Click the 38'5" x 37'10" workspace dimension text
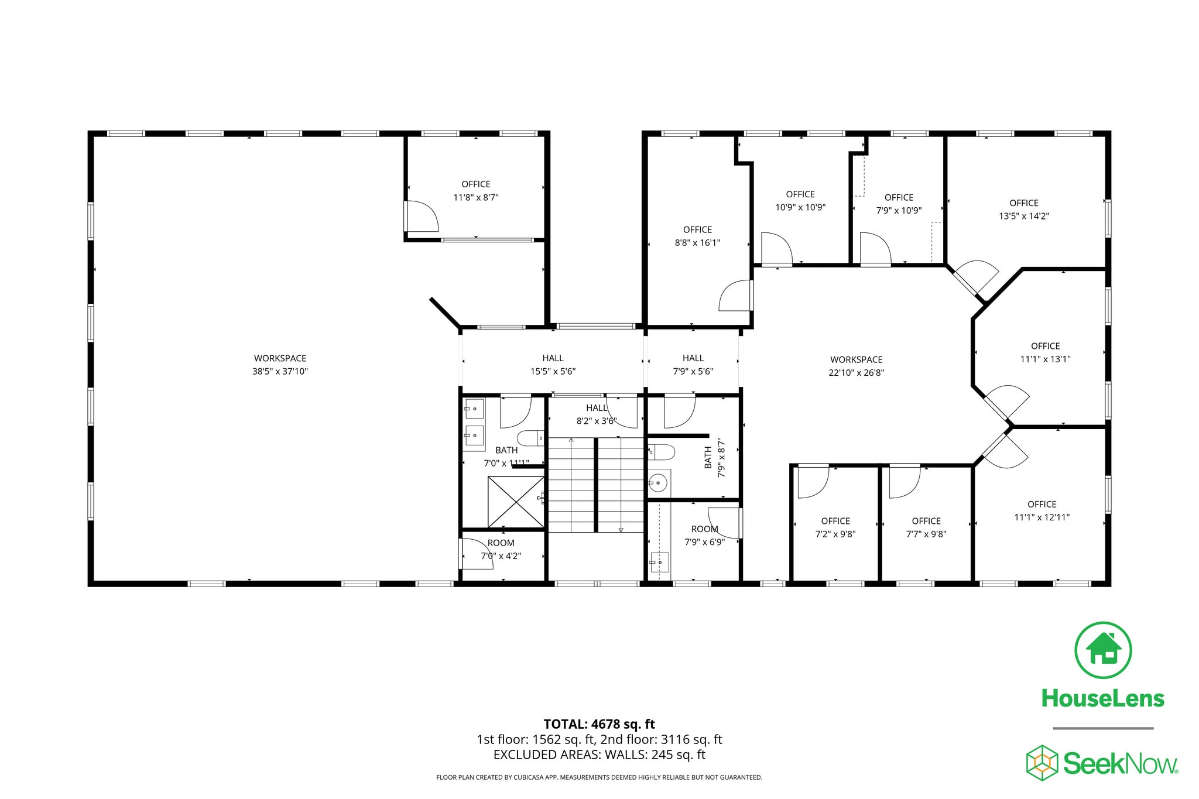point(280,371)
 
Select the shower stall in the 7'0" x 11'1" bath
point(516,502)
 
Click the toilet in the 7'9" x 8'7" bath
point(662,452)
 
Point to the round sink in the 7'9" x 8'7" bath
point(658,483)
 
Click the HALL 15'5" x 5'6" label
point(553,364)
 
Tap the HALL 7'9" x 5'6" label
point(693,364)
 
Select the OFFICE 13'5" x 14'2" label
point(1023,209)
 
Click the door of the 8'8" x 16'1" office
point(735,296)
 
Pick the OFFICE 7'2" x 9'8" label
point(835,527)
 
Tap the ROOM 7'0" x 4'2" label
point(501,549)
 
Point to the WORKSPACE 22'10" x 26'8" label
point(856,366)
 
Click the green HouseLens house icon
point(1103,650)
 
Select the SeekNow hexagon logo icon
point(1042,763)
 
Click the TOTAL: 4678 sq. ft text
point(599,724)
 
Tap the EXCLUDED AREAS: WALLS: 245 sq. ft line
point(599,755)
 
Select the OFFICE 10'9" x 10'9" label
point(800,200)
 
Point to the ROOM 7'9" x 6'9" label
point(705,535)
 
